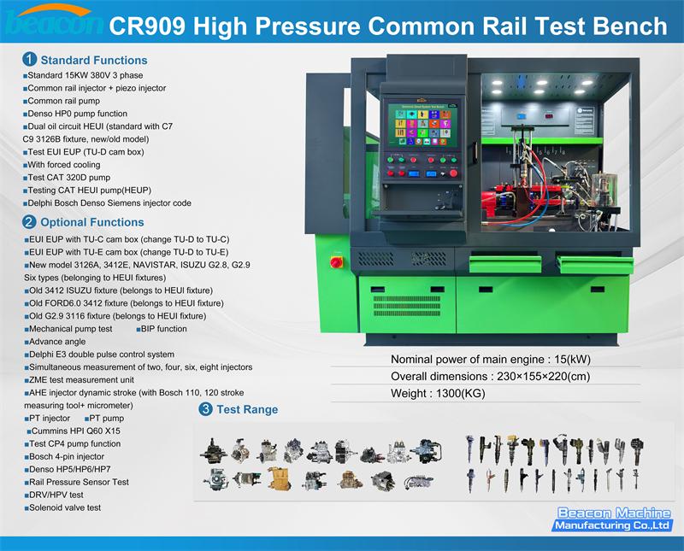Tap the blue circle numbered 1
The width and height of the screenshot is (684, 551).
[x=29, y=60]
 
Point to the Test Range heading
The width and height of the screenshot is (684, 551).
[x=246, y=409]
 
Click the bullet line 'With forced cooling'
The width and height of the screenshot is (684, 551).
[x=63, y=165]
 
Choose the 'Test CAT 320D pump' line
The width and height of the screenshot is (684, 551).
[x=68, y=178]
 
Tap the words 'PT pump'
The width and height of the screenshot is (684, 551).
[x=106, y=419]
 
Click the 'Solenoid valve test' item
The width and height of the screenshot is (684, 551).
[x=64, y=507]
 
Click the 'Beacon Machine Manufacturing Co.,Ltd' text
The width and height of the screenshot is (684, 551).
[x=612, y=519]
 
